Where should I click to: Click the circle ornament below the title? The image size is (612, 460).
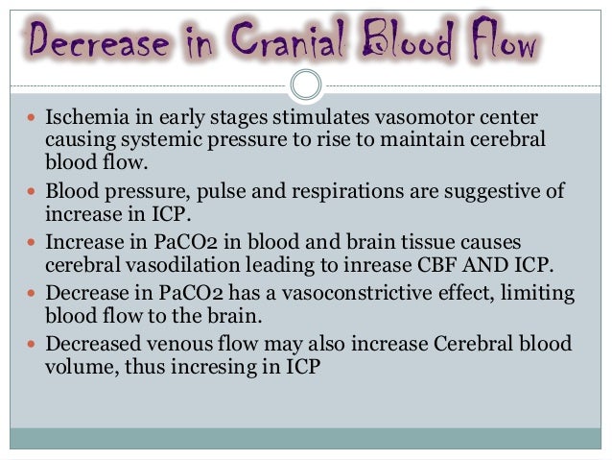tap(305, 85)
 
